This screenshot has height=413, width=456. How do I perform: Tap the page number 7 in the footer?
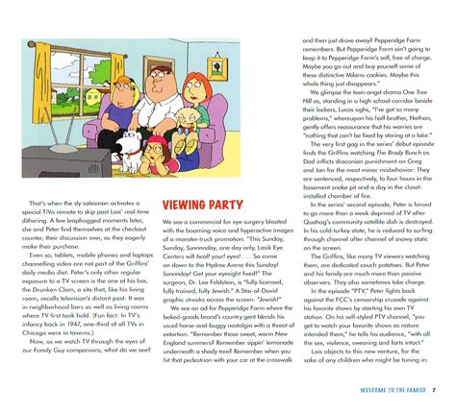(x=434, y=390)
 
